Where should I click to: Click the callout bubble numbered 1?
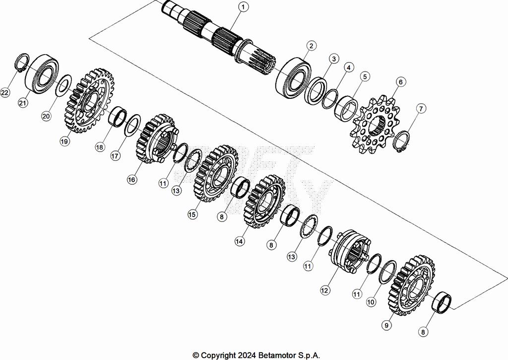[x=243, y=7]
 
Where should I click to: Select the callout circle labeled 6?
[x=400, y=81]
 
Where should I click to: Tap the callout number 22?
[x=5, y=93]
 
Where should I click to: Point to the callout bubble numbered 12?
[x=325, y=289]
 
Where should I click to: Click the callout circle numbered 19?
[x=64, y=141]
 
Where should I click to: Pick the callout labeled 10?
[x=371, y=301]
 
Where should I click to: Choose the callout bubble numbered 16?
[x=131, y=180]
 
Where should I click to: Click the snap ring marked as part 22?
[x=20, y=64]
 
